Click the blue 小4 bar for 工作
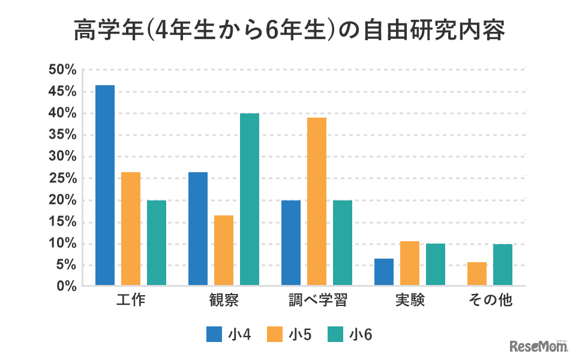(105, 185)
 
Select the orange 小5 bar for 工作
(131, 229)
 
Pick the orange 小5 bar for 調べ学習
(317, 202)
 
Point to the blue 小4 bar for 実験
(384, 272)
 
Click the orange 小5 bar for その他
(477, 274)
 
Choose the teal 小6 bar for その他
(503, 265)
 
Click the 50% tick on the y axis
(62, 70)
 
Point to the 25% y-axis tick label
(62, 179)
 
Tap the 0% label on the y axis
(66, 287)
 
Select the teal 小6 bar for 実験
(436, 265)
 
